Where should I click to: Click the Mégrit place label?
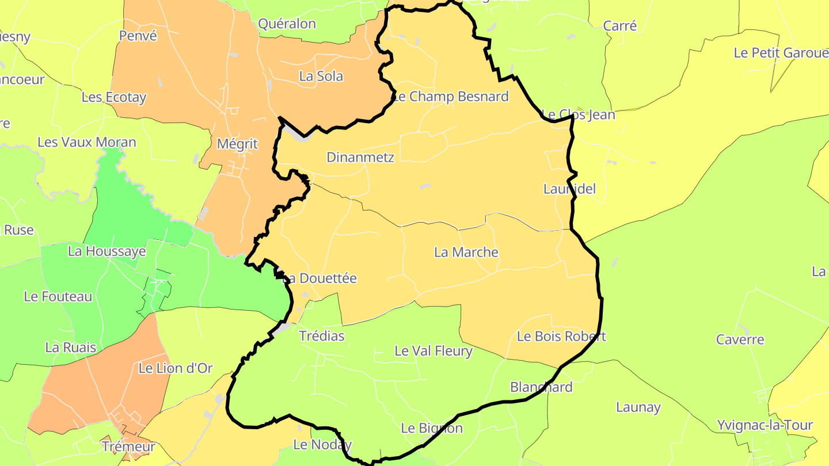(x=237, y=143)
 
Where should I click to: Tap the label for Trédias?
(x=322, y=336)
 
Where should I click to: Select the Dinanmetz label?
(x=360, y=156)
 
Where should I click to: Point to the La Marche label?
(x=466, y=252)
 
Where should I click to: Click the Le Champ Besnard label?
(x=451, y=96)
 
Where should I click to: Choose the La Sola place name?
(x=321, y=76)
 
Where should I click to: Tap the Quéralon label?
(x=287, y=24)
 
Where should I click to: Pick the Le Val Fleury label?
(x=433, y=350)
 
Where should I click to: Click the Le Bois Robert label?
(x=561, y=336)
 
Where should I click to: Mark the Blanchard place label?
(x=541, y=387)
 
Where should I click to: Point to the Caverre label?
(x=740, y=339)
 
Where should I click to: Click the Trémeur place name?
(x=128, y=446)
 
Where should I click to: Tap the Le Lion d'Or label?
(x=176, y=368)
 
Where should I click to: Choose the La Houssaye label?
(x=107, y=251)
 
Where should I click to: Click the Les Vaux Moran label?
(x=87, y=142)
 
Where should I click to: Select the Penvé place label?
(x=138, y=36)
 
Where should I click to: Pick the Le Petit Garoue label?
(x=781, y=53)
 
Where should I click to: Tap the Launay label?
(x=638, y=407)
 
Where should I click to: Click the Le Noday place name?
(x=322, y=445)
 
